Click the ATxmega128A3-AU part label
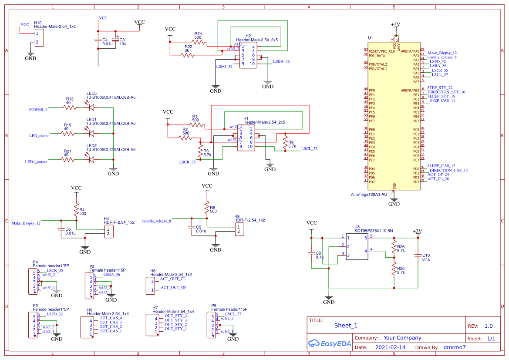(x=368, y=194)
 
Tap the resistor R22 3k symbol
(x=188, y=55)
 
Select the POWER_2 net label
(x=38, y=109)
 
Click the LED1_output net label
(x=36, y=161)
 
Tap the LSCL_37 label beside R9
(x=309, y=148)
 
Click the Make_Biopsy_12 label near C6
(x=26, y=223)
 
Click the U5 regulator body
(x=357, y=246)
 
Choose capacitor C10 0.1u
(x=418, y=257)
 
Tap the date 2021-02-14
(x=390, y=347)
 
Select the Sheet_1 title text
(x=346, y=325)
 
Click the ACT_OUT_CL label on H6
(x=173, y=279)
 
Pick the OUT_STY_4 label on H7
(x=175, y=316)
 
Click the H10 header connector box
(x=39, y=37)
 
